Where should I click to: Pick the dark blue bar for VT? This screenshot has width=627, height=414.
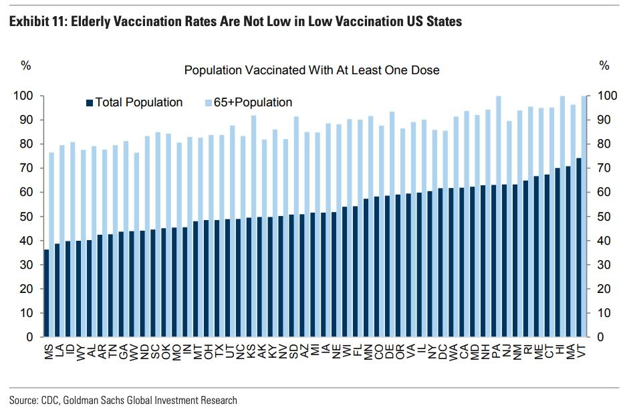579,247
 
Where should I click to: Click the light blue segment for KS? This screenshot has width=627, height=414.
253,167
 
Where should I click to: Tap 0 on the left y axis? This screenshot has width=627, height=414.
29,337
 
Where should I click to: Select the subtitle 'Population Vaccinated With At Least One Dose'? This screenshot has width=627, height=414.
311,70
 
